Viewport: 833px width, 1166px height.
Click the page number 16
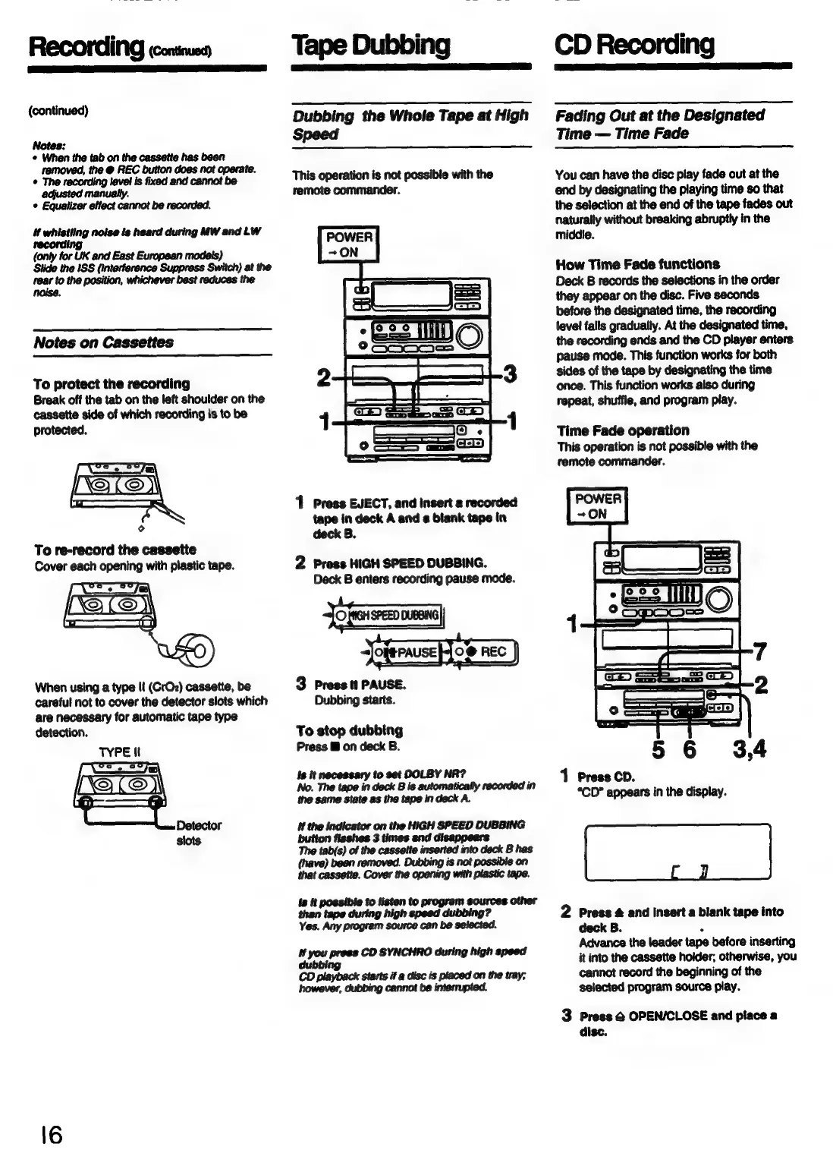[x=46, y=1136]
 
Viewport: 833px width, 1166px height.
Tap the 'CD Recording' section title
[x=634, y=45]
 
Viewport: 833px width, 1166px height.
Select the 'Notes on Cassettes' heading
[x=103, y=342]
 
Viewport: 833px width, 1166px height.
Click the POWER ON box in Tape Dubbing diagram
[x=348, y=244]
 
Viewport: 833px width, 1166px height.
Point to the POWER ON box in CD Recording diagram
[x=598, y=506]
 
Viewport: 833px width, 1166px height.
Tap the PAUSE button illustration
[x=407, y=652]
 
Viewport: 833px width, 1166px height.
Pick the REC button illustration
[x=486, y=652]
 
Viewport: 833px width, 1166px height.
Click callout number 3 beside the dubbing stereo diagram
[x=511, y=374]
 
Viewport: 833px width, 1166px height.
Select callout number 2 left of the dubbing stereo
[x=324, y=377]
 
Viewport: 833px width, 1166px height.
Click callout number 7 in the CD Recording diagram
[x=759, y=651]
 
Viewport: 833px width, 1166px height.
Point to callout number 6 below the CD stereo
[x=689, y=750]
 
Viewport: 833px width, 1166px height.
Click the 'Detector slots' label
[x=198, y=833]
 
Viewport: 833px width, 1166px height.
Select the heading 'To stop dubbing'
[x=349, y=730]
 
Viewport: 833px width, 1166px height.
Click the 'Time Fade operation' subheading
[x=623, y=430]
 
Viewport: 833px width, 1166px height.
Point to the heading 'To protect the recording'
[x=112, y=383]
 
